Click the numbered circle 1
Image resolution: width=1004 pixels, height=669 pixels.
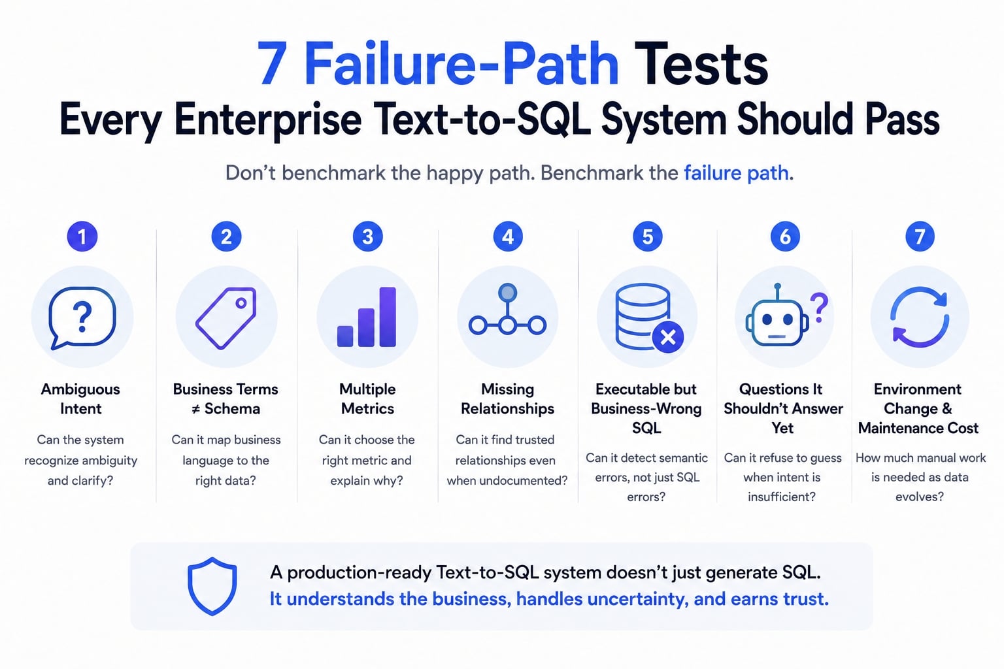coord(82,237)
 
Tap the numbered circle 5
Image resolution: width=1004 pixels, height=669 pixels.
coord(647,237)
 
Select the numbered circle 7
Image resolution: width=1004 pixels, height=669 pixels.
coord(920,237)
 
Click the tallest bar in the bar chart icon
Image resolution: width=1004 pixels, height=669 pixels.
coord(388,317)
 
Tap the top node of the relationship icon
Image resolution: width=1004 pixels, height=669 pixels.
coord(507,293)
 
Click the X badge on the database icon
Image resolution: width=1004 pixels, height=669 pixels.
coord(668,337)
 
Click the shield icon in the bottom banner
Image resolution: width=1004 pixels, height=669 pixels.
coord(212,586)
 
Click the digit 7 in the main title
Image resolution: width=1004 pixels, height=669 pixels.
coord(272,63)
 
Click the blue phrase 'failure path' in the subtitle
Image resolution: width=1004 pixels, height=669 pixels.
coord(736,173)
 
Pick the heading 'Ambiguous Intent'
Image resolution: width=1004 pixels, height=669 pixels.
coord(80,399)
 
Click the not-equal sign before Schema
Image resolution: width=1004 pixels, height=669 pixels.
coord(195,409)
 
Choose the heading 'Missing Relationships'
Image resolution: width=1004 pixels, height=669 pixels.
coord(507,399)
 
